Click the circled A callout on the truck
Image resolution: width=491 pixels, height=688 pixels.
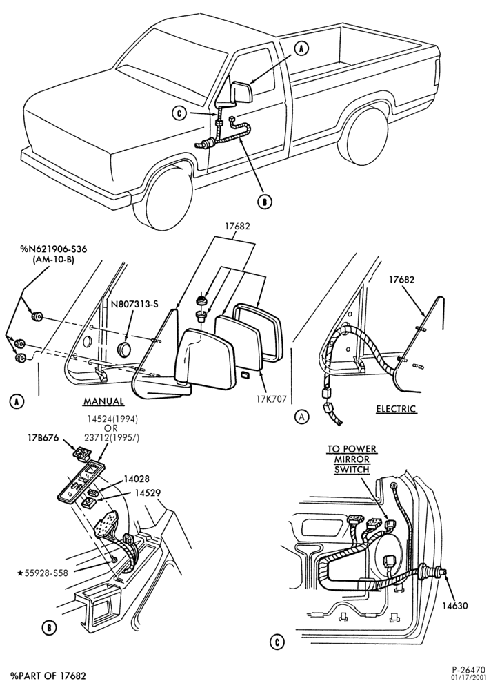point(301,49)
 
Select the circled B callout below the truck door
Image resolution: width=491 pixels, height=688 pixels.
point(265,202)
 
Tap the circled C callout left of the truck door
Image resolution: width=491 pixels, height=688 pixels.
point(179,113)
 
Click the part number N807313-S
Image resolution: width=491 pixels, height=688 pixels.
point(134,304)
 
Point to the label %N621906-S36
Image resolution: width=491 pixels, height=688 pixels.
point(53,249)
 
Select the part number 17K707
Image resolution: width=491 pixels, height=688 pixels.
point(272,399)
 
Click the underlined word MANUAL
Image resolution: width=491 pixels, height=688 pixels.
point(103,401)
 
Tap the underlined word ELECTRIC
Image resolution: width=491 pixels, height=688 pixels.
point(396,409)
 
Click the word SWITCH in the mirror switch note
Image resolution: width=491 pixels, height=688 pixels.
point(352,470)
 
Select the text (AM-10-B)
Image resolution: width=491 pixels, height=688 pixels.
point(53,259)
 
